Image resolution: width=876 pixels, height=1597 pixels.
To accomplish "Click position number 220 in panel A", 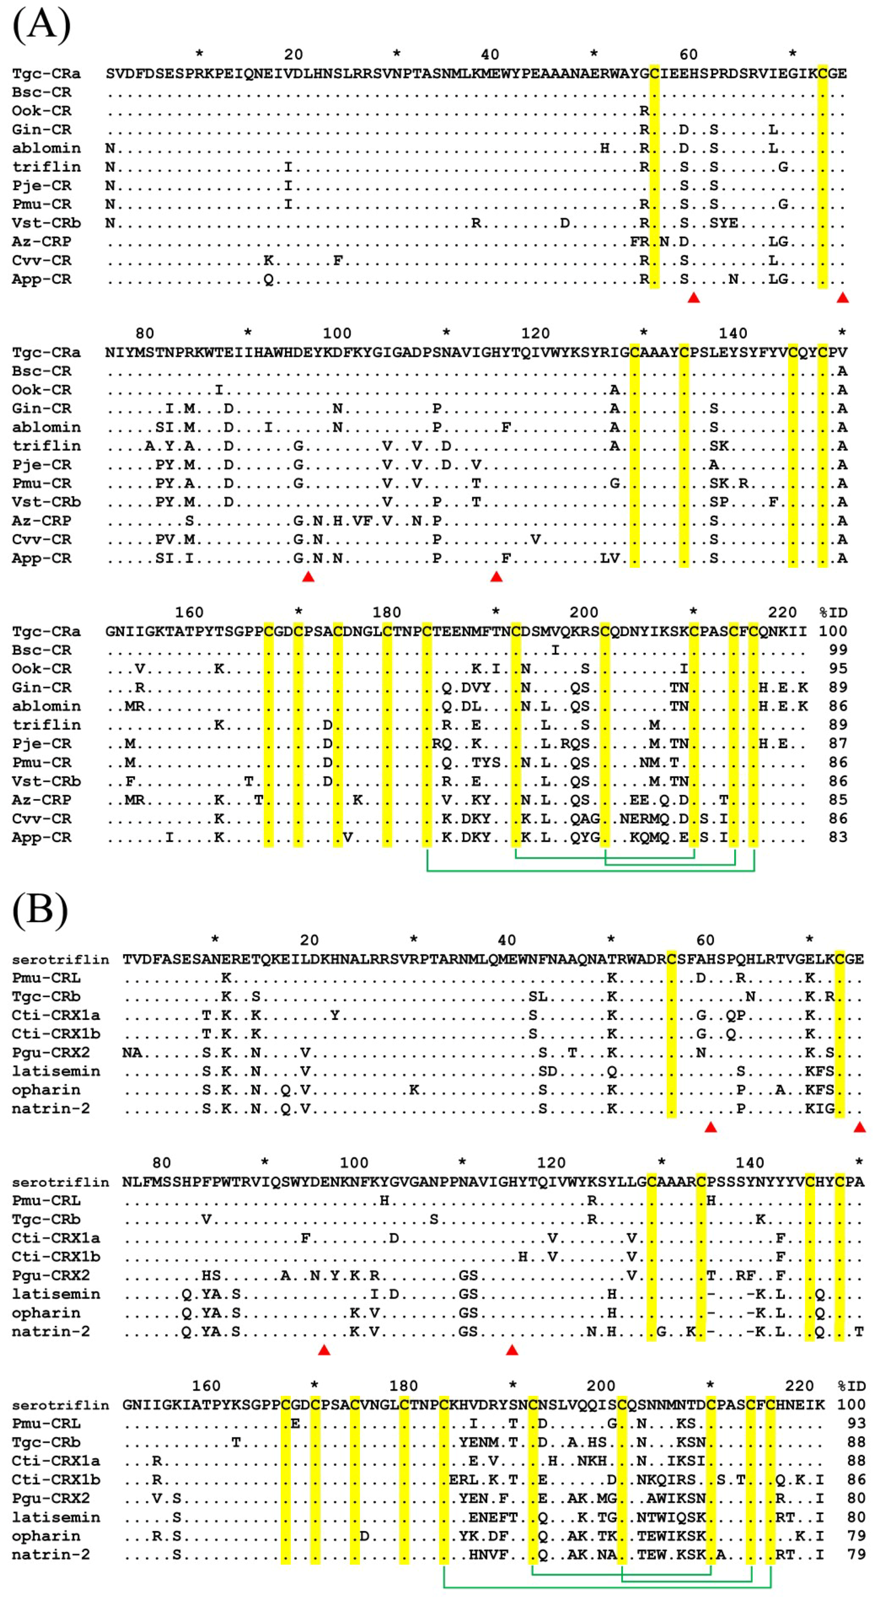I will tap(782, 613).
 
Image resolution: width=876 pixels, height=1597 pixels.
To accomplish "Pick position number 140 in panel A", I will tap(733, 334).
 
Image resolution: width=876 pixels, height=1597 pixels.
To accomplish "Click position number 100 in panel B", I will tap(354, 1162).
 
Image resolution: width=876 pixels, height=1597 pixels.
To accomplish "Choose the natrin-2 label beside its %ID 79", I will tap(51, 1554).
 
